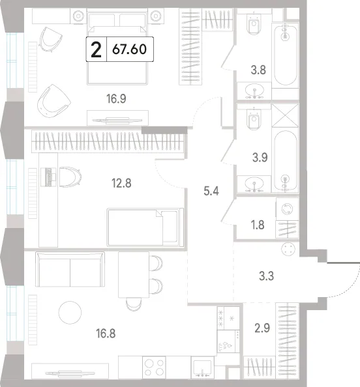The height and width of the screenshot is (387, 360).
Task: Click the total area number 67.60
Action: point(129,50)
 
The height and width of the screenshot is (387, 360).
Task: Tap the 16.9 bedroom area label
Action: point(116,99)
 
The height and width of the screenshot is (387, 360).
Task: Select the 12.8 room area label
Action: point(121,183)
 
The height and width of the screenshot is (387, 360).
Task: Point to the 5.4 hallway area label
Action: point(211,192)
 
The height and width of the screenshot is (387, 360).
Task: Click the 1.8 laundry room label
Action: point(258,225)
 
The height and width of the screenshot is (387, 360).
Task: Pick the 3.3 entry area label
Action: point(266,276)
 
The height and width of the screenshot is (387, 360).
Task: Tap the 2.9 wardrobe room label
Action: point(262,328)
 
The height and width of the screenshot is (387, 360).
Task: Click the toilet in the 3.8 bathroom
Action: point(254,24)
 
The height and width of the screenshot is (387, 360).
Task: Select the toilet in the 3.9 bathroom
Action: point(254,120)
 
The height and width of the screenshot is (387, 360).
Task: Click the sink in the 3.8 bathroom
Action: point(254,91)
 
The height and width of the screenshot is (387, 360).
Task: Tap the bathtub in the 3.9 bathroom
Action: point(286,161)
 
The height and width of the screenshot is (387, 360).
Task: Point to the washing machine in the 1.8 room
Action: point(288,209)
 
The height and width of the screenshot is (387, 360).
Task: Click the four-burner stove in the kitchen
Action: point(154,367)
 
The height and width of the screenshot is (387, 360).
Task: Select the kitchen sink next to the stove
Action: point(202,367)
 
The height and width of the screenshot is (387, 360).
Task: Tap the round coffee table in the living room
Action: point(70,313)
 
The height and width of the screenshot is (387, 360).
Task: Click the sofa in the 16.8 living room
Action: point(70,269)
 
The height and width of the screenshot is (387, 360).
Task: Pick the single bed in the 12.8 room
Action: point(145,227)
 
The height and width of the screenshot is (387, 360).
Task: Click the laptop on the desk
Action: point(48,177)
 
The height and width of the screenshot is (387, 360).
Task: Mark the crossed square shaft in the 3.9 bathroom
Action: point(285,115)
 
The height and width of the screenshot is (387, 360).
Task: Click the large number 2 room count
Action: point(96,50)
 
